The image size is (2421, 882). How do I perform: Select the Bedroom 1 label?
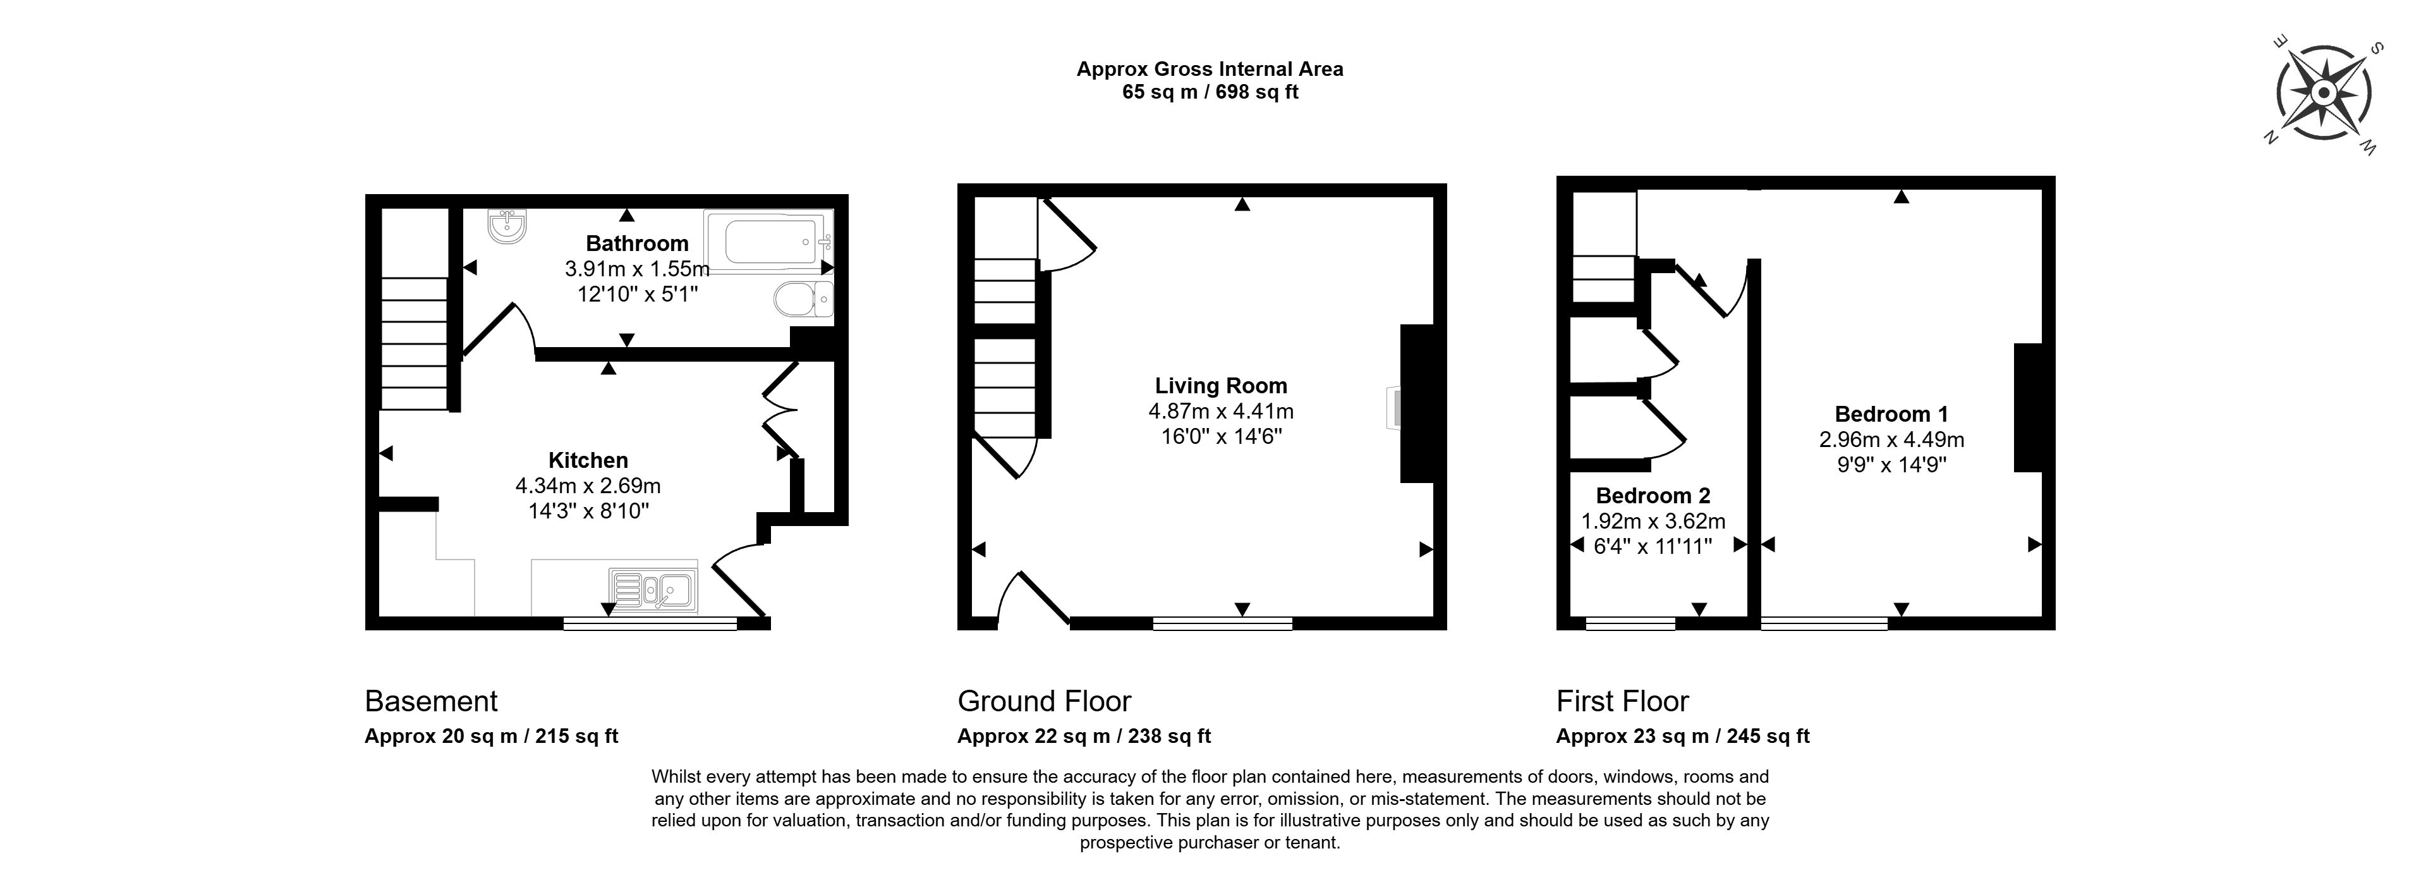(x=1891, y=413)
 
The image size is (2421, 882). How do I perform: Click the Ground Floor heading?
(x=1043, y=701)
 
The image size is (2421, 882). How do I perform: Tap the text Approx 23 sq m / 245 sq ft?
(x=1682, y=736)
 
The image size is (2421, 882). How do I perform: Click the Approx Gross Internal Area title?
(x=1210, y=69)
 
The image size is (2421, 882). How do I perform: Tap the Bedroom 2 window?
(x=1630, y=623)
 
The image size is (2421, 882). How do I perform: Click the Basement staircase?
(x=413, y=343)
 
